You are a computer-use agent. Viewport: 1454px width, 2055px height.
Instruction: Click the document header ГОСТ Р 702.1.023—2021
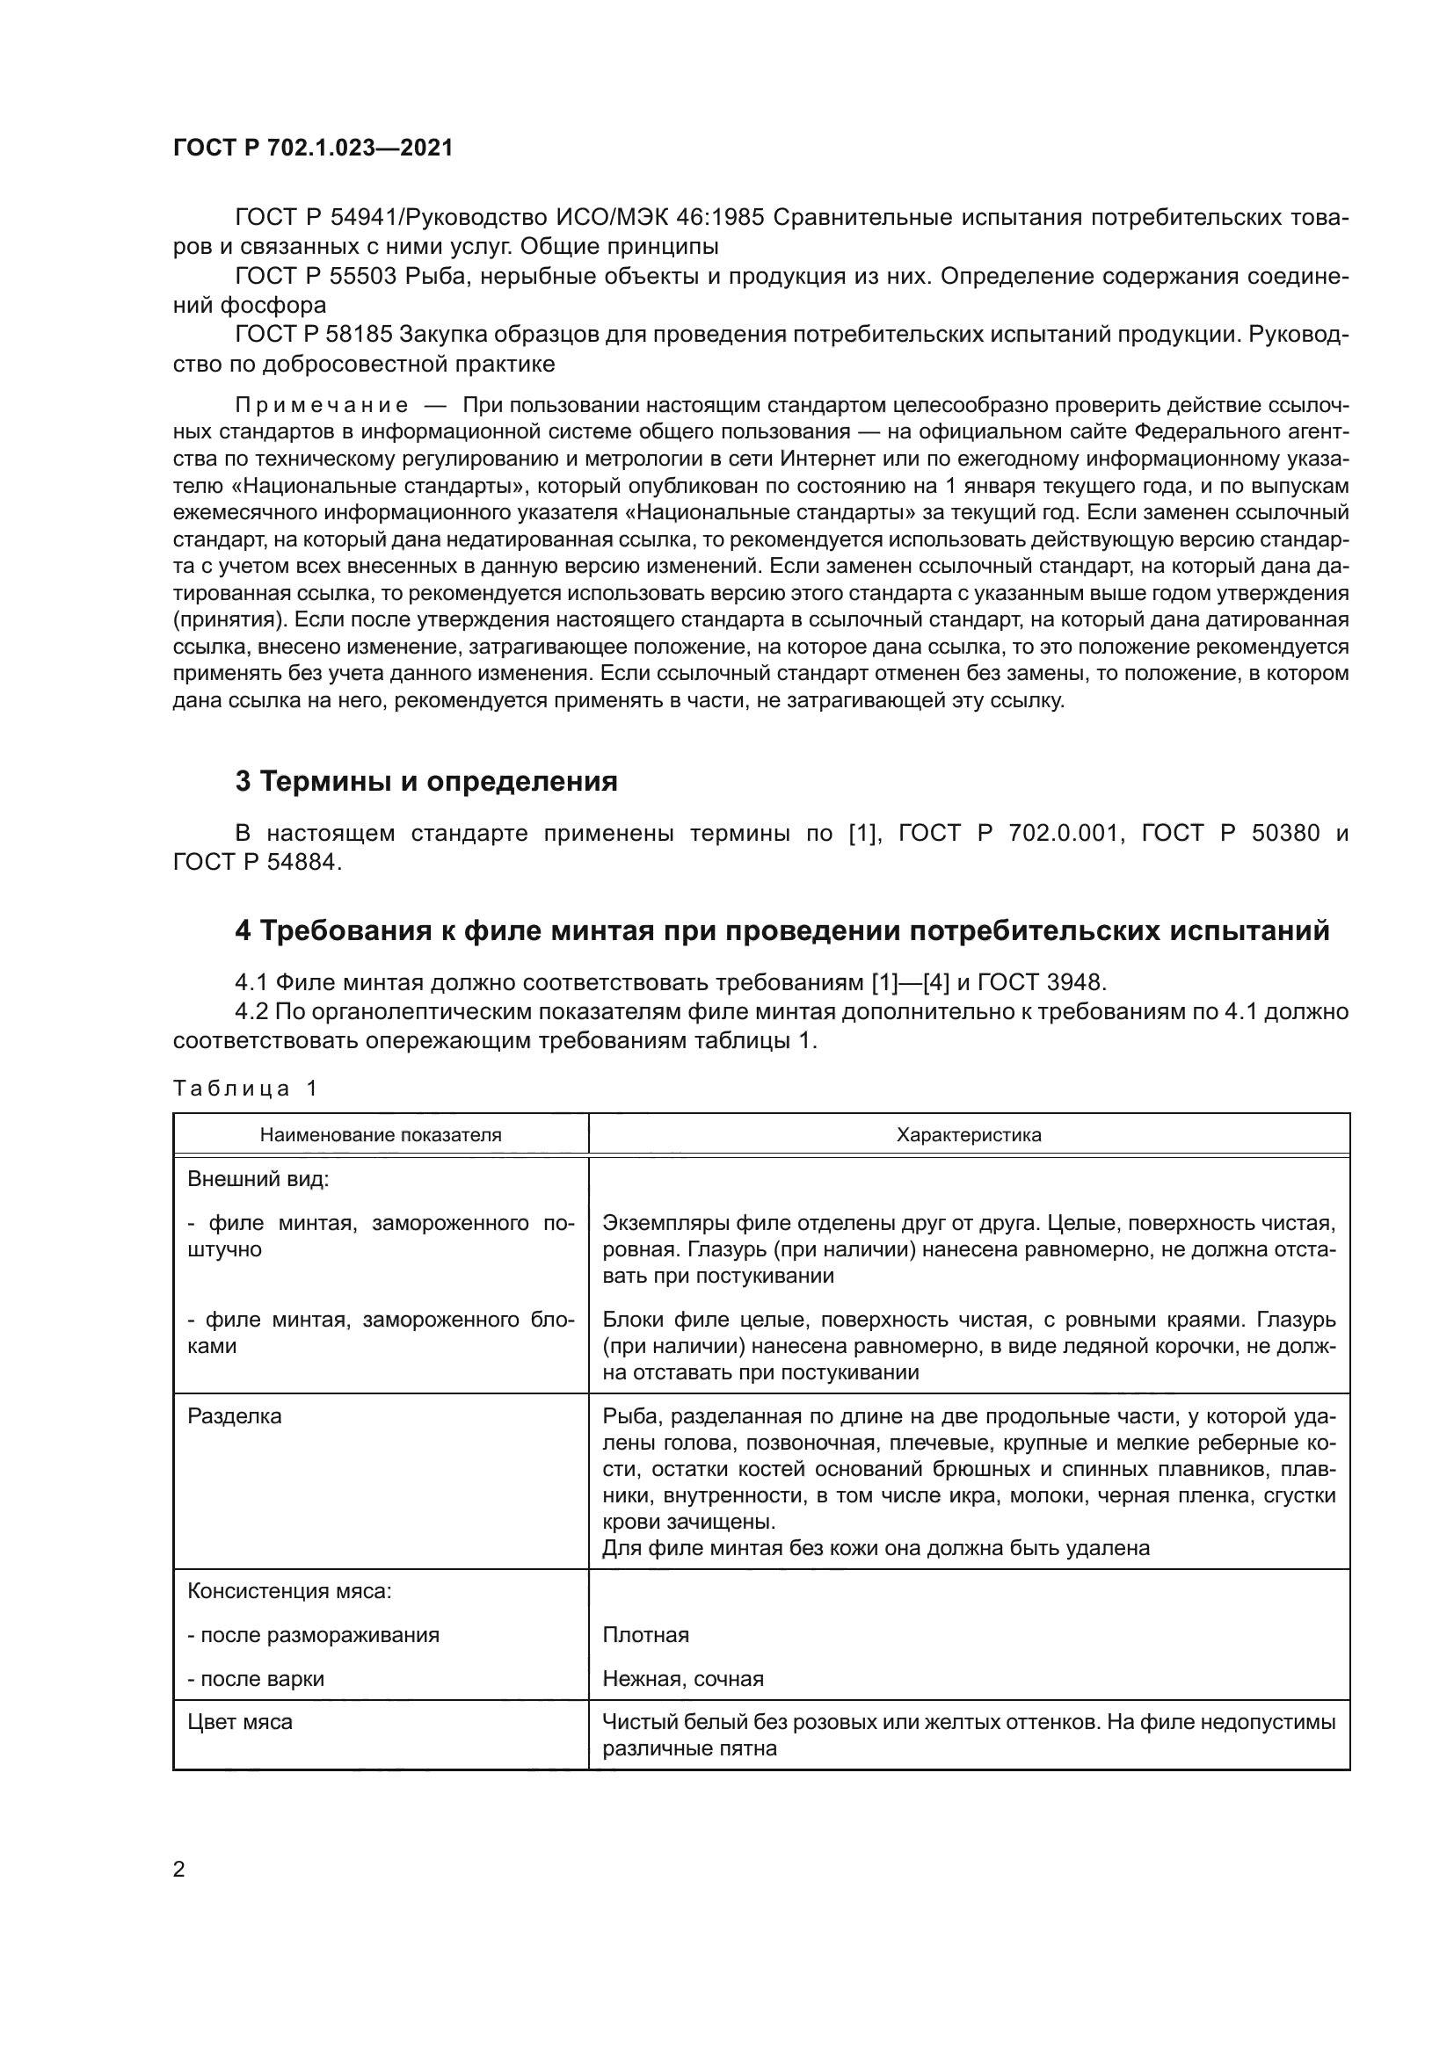[x=312, y=148]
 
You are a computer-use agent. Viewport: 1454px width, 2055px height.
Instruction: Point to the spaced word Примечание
[x=322, y=405]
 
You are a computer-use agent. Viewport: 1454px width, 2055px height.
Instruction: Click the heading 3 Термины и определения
[x=426, y=781]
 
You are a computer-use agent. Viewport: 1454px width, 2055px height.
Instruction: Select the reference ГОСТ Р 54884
[x=257, y=862]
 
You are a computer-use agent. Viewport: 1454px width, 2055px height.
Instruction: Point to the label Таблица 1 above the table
[x=245, y=1089]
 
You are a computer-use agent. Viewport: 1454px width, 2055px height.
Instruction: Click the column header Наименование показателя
[x=381, y=1135]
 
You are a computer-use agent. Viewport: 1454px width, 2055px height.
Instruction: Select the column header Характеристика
[x=969, y=1135]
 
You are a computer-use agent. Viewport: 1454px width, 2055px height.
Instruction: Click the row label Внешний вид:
[x=258, y=1179]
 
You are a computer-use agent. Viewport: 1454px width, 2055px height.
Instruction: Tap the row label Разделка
[x=234, y=1416]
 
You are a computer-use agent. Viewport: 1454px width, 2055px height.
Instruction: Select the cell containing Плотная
[x=645, y=1635]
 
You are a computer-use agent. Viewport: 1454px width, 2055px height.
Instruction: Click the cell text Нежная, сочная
[x=683, y=1679]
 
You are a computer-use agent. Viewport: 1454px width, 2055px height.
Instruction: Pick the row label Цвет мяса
[x=240, y=1722]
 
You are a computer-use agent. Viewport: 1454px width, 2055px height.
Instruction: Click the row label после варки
[x=256, y=1679]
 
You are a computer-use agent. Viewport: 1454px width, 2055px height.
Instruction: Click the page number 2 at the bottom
[x=179, y=1870]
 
